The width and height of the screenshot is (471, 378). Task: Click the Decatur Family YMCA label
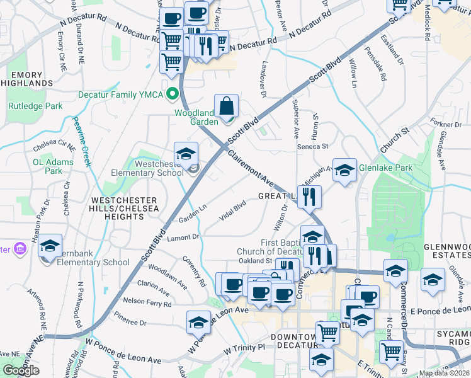coord(119,95)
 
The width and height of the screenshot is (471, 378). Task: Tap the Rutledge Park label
coord(35,106)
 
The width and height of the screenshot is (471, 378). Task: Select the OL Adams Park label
coord(54,166)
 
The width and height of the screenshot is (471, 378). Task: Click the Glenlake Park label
coord(385,168)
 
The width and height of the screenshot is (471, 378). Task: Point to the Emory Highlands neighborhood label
coord(30,79)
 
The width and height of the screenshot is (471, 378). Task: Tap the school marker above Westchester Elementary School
coord(186,154)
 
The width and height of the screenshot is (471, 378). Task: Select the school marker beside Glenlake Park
coord(344,170)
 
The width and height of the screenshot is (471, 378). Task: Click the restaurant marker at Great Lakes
coord(309,197)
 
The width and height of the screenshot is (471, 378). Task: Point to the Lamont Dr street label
coord(183,238)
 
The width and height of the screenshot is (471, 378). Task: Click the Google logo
coord(21,370)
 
